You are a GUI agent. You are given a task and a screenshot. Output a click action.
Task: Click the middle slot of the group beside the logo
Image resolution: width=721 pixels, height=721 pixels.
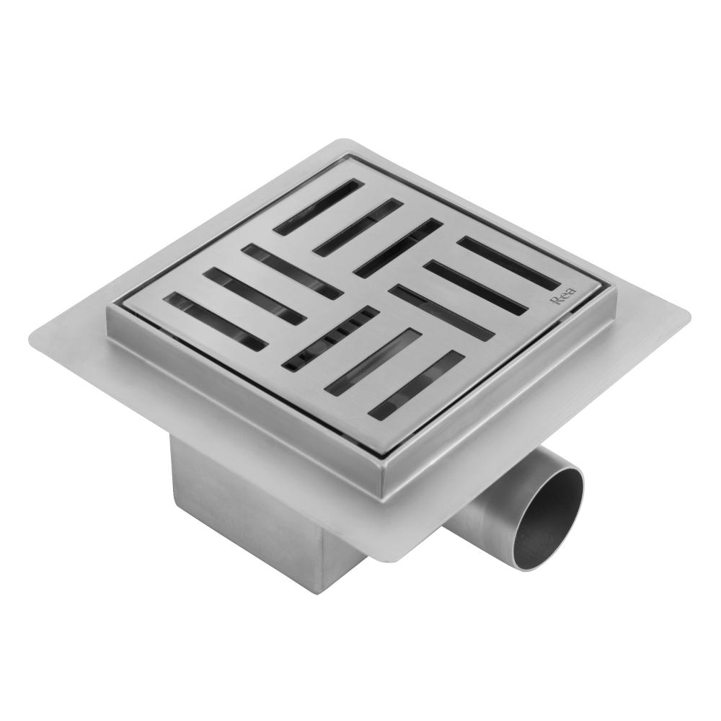473,288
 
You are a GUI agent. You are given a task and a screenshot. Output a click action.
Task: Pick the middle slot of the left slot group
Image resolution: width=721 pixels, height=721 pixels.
252,296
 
